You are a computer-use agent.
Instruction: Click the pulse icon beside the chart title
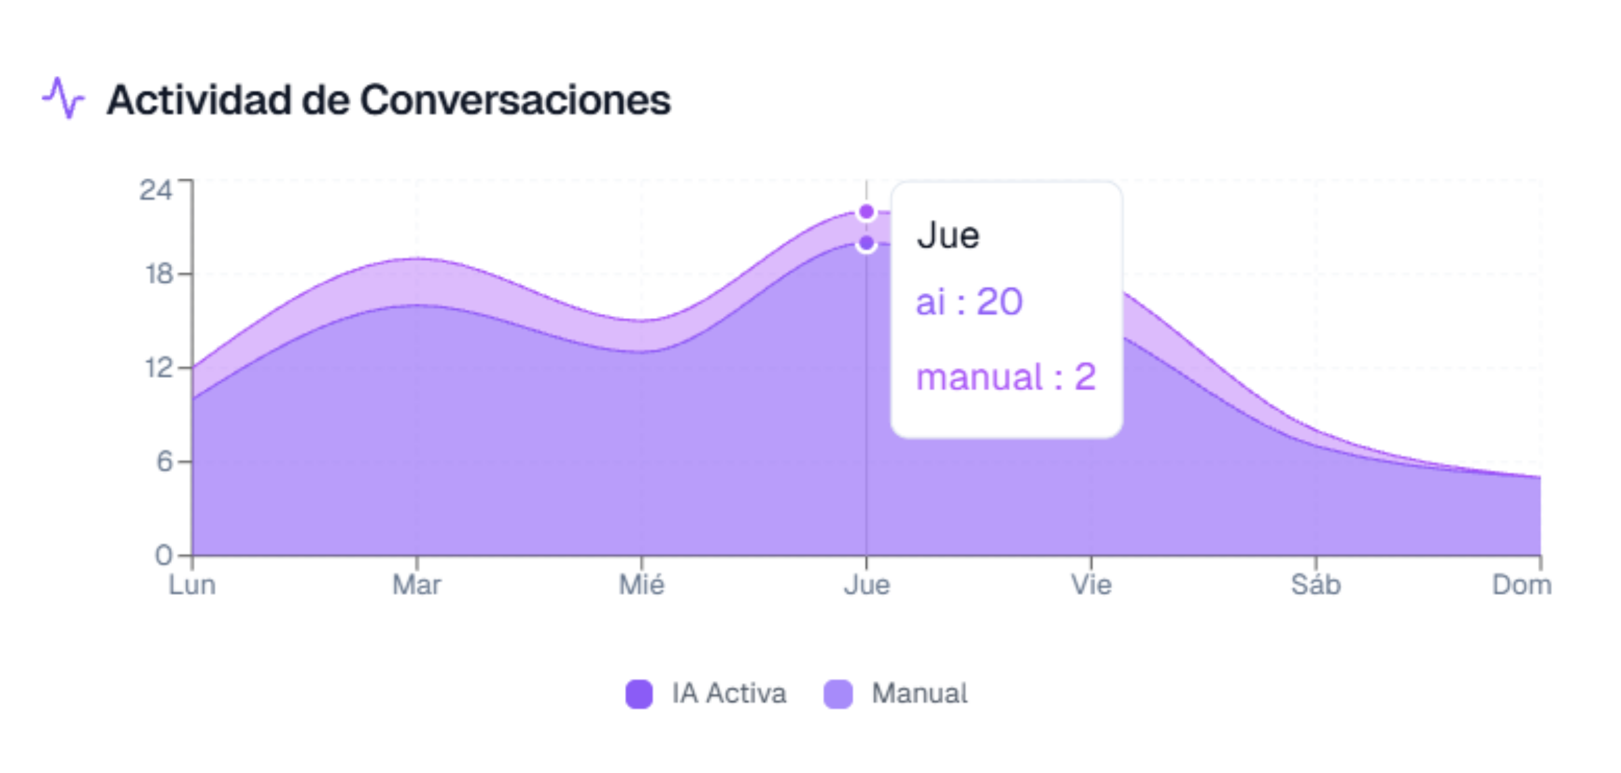(x=63, y=99)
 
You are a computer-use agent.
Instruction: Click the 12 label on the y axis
(x=159, y=368)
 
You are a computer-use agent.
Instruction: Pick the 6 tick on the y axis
(x=164, y=461)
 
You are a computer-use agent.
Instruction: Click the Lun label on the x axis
(x=192, y=585)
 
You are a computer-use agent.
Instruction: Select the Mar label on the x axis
(x=417, y=585)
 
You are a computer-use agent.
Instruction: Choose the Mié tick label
(x=641, y=585)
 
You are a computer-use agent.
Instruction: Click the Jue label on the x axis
(x=866, y=585)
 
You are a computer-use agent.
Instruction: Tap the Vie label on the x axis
(x=1091, y=585)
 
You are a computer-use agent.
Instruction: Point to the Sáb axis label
(x=1316, y=585)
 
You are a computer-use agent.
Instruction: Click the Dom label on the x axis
(x=1522, y=585)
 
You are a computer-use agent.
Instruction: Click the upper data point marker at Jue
(x=866, y=212)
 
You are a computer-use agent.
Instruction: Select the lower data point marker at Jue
(x=866, y=243)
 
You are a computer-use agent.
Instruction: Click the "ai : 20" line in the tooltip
(x=969, y=301)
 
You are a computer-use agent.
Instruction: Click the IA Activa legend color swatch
(x=639, y=694)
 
